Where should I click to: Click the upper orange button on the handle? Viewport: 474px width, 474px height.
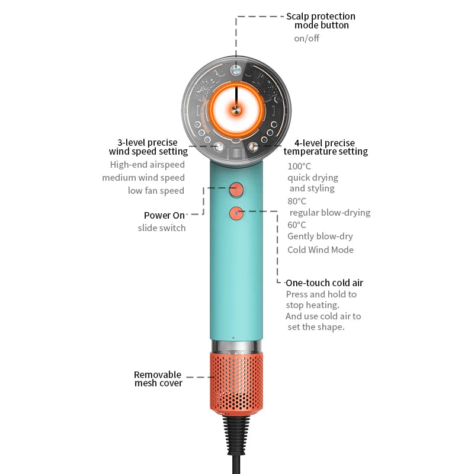236,190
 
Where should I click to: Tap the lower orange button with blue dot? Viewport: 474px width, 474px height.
236,213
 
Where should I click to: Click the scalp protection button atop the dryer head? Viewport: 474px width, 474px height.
236,70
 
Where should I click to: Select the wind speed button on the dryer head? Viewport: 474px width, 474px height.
219,147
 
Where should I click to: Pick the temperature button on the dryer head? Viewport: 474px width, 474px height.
253,147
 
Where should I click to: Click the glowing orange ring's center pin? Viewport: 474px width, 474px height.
236,110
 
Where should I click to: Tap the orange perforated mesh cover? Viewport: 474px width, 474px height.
236,383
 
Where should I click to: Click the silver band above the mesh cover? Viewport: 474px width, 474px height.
236,346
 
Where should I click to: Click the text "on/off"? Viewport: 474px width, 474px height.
306,39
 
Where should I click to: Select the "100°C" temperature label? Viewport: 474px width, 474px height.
299,166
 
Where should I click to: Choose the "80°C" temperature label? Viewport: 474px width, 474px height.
297,201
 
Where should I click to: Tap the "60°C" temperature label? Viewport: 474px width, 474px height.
297,225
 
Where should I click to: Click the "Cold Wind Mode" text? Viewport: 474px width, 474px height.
321,249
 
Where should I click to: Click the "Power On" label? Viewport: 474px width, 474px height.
164,215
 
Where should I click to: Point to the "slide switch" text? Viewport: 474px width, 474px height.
162,228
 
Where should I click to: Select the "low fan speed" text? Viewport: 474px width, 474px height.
156,191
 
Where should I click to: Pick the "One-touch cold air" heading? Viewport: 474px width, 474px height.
324,283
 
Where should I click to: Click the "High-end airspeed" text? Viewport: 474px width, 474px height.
147,165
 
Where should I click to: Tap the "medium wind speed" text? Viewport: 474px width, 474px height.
143,177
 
